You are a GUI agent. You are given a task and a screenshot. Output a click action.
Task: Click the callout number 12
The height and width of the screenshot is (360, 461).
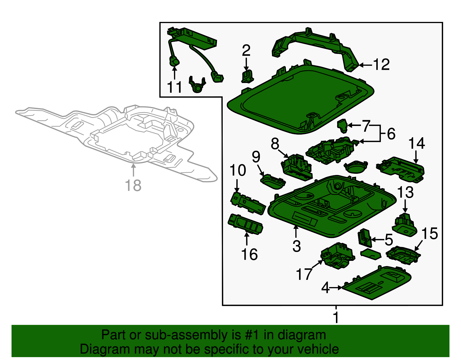tap(381, 65)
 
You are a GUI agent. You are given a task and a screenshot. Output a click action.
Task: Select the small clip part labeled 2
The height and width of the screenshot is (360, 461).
tap(247, 76)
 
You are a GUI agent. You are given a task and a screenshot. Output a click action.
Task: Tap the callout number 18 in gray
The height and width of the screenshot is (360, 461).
tap(133, 185)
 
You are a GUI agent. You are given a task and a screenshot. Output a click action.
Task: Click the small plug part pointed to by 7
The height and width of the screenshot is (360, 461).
tap(342, 126)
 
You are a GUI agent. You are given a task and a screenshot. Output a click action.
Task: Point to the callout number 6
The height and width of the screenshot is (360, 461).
tap(391, 134)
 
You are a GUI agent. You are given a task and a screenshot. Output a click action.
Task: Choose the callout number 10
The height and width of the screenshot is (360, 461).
tap(238, 170)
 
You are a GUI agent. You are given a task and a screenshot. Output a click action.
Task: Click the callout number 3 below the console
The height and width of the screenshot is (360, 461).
tap(296, 246)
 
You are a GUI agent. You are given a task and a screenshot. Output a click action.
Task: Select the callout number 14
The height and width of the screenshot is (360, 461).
tap(417, 143)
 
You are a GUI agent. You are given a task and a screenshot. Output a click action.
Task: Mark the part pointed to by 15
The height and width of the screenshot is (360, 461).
tap(403, 255)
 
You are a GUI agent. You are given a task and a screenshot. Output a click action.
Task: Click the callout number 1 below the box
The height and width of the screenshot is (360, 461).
tap(336, 317)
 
